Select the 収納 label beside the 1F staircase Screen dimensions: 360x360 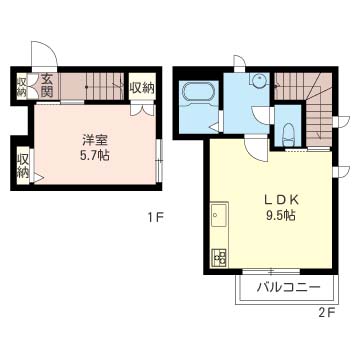[142, 88]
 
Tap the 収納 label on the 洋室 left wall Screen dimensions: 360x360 [22, 164]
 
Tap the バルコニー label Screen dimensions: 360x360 [288, 288]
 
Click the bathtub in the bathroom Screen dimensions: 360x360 [196, 96]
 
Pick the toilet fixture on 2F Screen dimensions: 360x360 [288, 130]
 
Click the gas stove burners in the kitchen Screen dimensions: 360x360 [219, 255]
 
